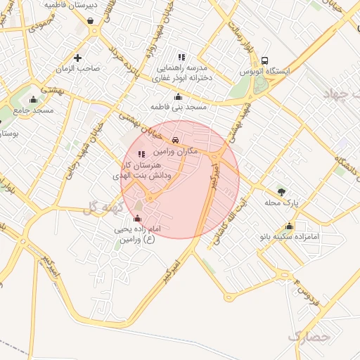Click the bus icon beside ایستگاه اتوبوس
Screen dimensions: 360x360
264,60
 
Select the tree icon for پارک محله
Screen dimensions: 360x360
281,191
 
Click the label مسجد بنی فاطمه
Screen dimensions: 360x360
178,107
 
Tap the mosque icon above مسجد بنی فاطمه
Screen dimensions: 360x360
178,96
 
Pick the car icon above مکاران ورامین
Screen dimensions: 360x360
175,140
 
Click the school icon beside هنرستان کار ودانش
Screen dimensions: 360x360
141,153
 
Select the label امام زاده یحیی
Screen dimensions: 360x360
138,230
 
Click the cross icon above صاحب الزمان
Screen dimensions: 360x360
77,57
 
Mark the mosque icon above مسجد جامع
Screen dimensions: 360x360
34,99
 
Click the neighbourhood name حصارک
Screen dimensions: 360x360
309,335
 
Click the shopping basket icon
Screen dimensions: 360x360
91,21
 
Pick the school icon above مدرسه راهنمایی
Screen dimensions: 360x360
181,57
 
